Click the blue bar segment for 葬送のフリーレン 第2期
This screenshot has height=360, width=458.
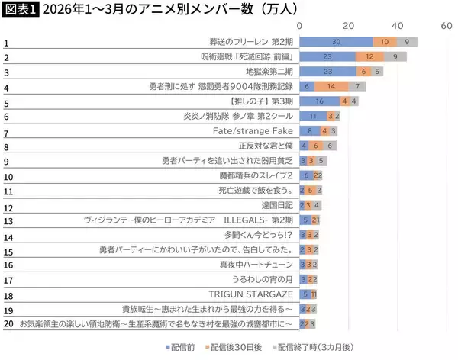pyautogui.click(x=336, y=42)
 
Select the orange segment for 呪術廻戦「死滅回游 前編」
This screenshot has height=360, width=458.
pyautogui.click(x=369, y=56)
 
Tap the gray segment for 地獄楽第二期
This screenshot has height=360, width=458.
pyautogui.click(x=379, y=71)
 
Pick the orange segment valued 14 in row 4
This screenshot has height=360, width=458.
pyautogui.click(x=332, y=86)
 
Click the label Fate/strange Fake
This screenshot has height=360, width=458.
pyautogui.click(x=254, y=130)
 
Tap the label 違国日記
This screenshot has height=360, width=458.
pyautogui.click(x=277, y=205)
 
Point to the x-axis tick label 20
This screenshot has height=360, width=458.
pyautogui.click(x=348, y=25)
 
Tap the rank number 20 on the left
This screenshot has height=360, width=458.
pyautogui.click(x=8, y=324)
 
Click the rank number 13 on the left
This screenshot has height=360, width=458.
pyautogui.click(x=8, y=221)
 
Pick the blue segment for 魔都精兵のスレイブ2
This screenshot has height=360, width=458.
pyautogui.click(x=306, y=175)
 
